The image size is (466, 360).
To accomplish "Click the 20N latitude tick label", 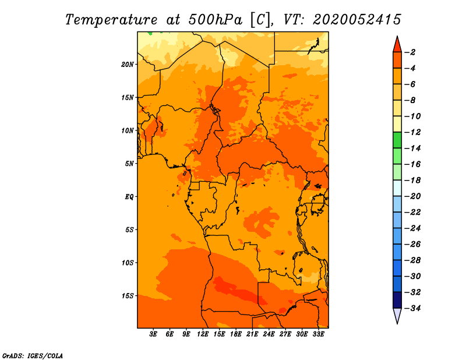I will tap(128, 64).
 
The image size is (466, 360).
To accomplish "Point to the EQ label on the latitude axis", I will tap(129, 196).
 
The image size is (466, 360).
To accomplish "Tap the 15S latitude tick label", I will tap(128, 295).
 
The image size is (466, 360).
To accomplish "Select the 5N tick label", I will tap(129, 163).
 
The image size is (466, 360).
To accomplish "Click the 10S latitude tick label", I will tap(128, 262).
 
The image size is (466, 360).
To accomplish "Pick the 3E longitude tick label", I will tap(154, 334).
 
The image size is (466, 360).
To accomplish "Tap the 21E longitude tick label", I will tap(252, 334).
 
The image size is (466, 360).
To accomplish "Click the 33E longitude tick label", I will tap(318, 334).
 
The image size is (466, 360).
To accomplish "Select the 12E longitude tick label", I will tap(203, 334).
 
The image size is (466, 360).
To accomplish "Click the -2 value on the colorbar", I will tap(410, 52).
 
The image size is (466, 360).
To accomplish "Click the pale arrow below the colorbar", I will tap(397, 315).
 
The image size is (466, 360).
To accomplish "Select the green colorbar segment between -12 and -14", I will tap(397, 140).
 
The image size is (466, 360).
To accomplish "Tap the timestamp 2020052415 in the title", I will tap(356, 19).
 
